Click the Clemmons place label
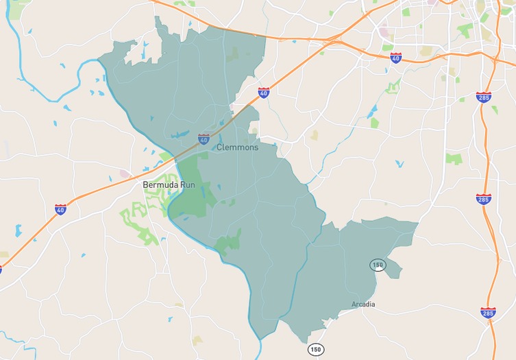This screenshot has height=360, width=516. pyautogui.click(x=238, y=147)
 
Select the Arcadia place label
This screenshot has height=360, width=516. pyautogui.click(x=363, y=304)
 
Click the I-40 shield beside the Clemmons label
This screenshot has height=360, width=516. pyautogui.click(x=204, y=139)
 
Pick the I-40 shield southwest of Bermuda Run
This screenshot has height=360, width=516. pyautogui.click(x=61, y=209)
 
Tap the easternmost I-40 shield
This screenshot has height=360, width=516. pyautogui.click(x=396, y=58)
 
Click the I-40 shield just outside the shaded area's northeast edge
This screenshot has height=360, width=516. pyautogui.click(x=264, y=92)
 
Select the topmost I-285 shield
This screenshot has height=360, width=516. pyautogui.click(x=484, y=97)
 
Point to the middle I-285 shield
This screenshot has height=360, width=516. pyautogui.click(x=483, y=199)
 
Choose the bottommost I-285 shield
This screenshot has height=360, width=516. pyautogui.click(x=488, y=313)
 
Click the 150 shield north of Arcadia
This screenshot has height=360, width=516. pyautogui.click(x=378, y=264)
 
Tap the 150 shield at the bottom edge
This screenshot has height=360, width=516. pyautogui.click(x=315, y=349)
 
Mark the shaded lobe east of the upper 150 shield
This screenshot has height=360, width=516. pyautogui.click(x=393, y=269)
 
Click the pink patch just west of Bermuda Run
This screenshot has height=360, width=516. pyautogui.click(x=125, y=173)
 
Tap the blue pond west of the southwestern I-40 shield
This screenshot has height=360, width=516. pyautogui.click(x=18, y=230)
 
